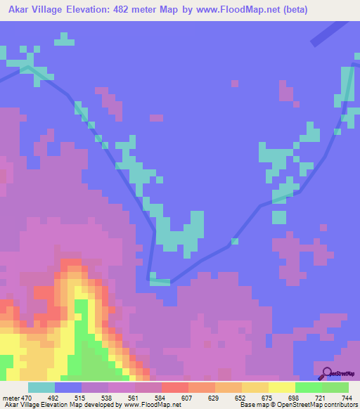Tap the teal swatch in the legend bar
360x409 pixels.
point(41,387)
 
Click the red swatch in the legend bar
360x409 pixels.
point(175,387)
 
